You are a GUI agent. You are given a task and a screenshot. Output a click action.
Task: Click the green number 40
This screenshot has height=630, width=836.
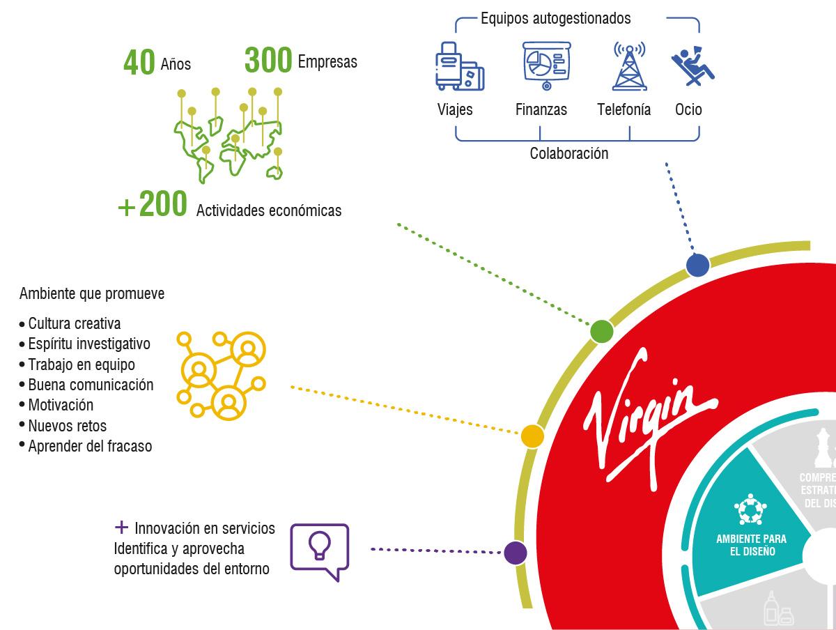(139, 62)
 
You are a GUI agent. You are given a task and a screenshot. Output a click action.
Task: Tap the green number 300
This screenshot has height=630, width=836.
(268, 60)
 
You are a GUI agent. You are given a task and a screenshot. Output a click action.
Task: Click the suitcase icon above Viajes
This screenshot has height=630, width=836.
(459, 66)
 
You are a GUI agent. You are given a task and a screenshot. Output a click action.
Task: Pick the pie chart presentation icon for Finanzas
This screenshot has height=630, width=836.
(546, 66)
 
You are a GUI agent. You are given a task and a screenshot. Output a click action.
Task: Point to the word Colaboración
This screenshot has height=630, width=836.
(568, 153)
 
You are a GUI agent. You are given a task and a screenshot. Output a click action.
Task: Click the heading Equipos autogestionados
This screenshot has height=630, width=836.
(555, 18)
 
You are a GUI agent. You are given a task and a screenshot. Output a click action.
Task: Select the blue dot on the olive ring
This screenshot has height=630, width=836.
(697, 265)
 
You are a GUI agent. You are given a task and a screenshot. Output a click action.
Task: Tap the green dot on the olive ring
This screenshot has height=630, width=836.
(601, 332)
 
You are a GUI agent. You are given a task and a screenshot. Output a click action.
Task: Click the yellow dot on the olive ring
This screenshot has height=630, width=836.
(532, 436)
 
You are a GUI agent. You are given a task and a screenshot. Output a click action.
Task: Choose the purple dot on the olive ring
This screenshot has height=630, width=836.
(516, 553)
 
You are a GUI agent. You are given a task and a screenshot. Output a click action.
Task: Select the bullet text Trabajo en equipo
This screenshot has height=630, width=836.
(82, 364)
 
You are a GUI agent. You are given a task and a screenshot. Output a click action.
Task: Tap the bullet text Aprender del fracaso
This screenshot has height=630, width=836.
(90, 446)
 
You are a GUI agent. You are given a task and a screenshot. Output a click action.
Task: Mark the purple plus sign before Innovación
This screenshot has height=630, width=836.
(121, 528)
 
